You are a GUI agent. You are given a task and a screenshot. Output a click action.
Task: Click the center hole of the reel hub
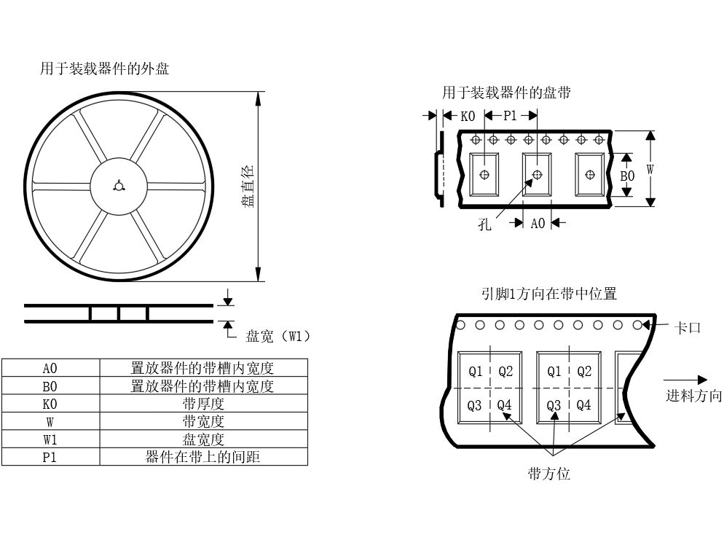[119, 186]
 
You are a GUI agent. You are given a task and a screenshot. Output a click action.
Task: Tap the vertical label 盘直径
[248, 186]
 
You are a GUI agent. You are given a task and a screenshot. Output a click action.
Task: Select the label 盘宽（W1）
[278, 336]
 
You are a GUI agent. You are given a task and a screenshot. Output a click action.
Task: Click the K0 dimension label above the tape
[468, 116]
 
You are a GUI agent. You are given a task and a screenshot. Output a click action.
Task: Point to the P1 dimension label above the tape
[510, 115]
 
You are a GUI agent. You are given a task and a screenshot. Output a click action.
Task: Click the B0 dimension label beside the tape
[627, 176]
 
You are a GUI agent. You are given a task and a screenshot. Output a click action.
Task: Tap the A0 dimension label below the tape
[538, 224]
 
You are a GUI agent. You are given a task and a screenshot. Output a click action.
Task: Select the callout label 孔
[484, 225]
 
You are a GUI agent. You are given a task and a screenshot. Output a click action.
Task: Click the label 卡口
[688, 328]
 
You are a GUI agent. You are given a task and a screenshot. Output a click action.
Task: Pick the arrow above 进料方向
[685, 380]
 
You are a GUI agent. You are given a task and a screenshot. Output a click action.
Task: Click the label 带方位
[549, 474]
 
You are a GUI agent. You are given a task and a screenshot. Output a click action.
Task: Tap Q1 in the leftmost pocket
[475, 372]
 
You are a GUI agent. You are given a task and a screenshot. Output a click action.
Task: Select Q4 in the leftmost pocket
[504, 406]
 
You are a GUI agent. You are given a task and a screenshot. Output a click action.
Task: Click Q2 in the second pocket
[584, 372]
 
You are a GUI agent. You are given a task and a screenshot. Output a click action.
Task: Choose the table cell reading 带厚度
[204, 404]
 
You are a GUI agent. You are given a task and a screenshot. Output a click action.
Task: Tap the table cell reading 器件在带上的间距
[204, 457]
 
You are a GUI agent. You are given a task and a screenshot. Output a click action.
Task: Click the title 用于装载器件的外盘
[104, 69]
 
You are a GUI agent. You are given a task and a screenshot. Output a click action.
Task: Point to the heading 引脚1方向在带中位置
[549, 294]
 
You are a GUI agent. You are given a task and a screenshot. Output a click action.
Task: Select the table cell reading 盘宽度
[204, 439]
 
